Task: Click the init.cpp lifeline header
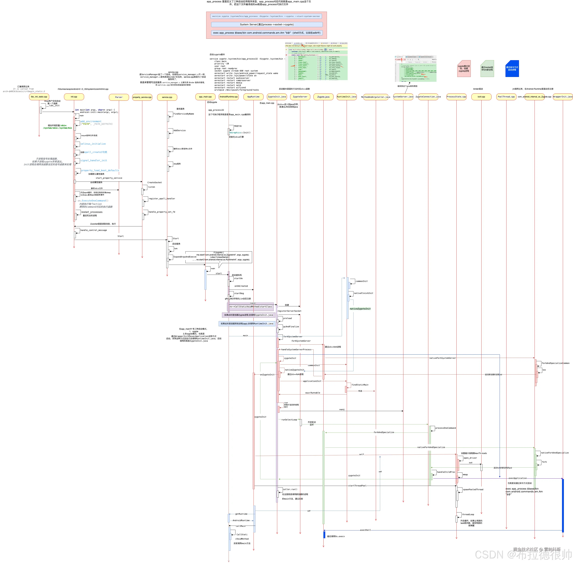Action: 74,97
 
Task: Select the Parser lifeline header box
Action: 119,97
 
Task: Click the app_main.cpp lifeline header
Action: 205,97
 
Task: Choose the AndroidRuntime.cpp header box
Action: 228,97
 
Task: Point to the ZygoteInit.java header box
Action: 277,97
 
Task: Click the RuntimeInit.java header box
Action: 347,97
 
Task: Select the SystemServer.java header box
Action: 403,97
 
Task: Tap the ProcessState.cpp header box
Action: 456,97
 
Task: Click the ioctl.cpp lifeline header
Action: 481,97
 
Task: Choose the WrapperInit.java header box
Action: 563,97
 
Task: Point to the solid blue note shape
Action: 512,69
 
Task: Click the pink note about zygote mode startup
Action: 464,69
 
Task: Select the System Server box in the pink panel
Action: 267,25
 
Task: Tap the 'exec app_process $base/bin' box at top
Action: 267,33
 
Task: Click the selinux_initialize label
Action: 93,144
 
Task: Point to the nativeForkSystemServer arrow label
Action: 442,358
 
